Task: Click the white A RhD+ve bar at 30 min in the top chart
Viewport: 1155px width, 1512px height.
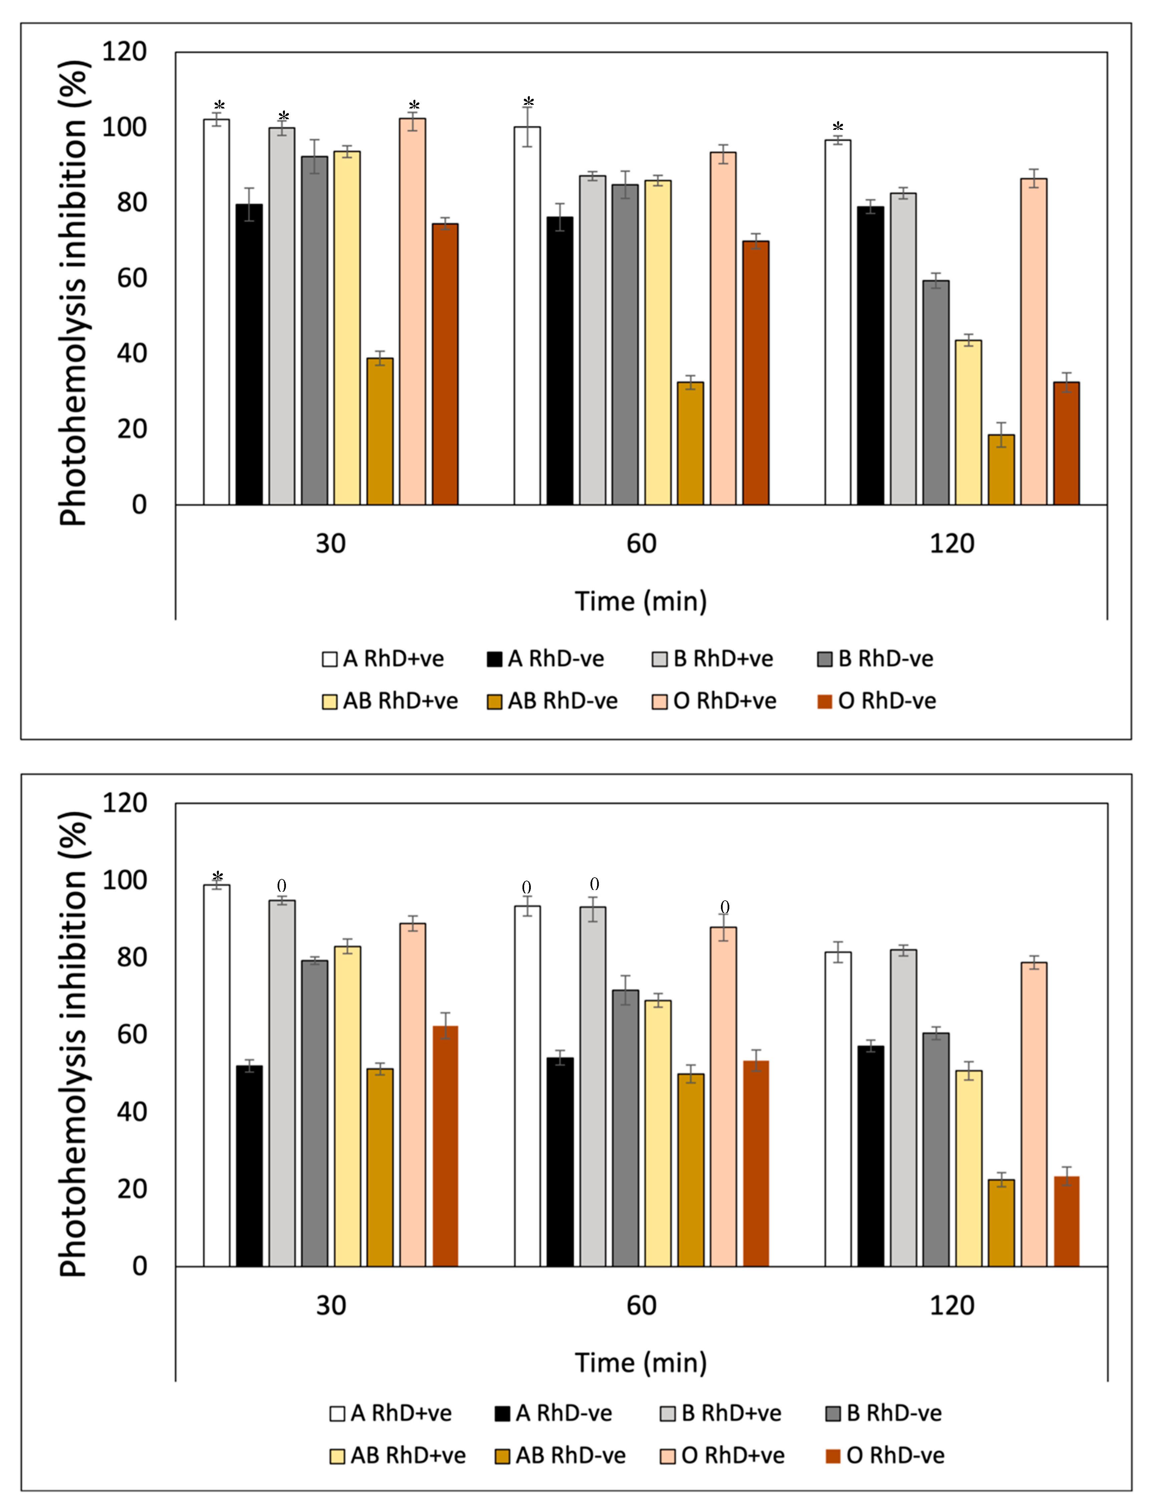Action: [x=217, y=313]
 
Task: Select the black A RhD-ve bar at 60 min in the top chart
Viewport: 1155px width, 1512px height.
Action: [x=559, y=361]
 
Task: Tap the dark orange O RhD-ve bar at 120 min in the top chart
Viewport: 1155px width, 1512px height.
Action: [x=1066, y=443]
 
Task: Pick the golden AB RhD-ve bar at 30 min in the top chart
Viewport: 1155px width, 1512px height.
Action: [x=380, y=432]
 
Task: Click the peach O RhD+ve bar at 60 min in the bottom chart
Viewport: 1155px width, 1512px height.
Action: [x=723, y=1097]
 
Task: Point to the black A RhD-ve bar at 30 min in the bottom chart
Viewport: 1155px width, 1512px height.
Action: [x=249, y=1167]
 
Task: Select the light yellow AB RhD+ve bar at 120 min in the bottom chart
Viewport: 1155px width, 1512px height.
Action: [x=969, y=1169]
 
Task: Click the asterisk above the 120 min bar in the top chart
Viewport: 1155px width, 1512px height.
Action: [x=837, y=128]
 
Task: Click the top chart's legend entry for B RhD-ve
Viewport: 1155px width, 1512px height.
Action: [x=875, y=659]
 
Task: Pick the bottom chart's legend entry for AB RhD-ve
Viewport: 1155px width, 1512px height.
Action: [x=560, y=1456]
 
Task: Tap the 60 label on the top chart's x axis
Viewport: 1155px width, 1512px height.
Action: [x=641, y=544]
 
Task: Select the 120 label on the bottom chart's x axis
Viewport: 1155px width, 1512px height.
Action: [x=952, y=1306]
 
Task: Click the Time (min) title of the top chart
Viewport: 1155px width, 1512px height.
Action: [x=641, y=602]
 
